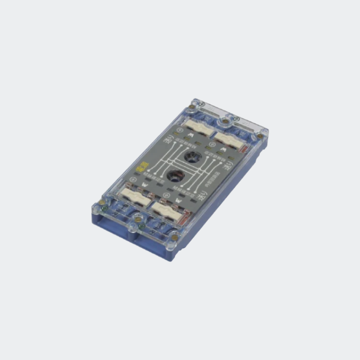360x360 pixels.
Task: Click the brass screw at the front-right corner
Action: click(x=175, y=239)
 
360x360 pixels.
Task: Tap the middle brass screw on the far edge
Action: click(x=226, y=121)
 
